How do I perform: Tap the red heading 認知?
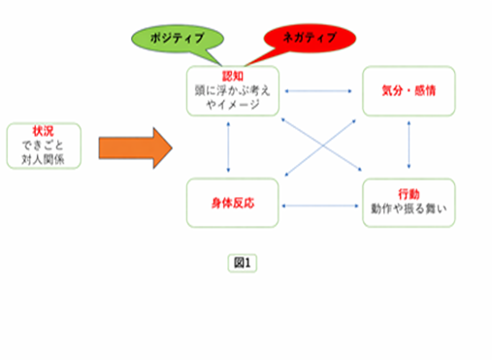(x=233, y=74)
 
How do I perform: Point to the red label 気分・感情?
(x=409, y=89)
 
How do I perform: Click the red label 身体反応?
(x=233, y=204)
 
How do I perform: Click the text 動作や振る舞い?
(x=409, y=209)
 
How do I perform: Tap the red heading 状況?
(x=43, y=129)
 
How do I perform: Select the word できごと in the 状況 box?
(x=43, y=144)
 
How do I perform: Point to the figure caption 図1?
(x=242, y=262)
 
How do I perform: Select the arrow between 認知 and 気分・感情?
(x=320, y=92)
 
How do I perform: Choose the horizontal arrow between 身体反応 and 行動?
(x=320, y=205)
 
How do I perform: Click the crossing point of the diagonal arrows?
(x=321, y=147)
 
